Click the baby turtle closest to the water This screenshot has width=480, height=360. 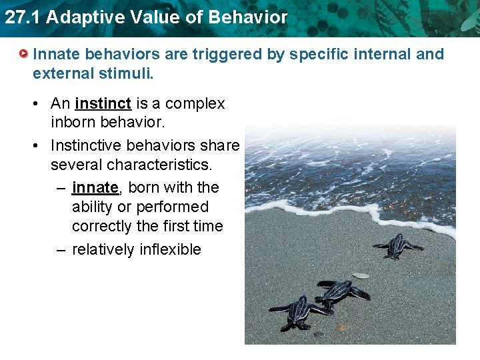tap(397, 246)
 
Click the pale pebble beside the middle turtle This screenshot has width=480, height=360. tap(361, 275)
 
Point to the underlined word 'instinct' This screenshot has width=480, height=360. tap(103, 104)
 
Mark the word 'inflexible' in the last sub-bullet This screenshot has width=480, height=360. tap(170, 249)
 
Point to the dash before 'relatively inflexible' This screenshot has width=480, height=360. tap(61, 249)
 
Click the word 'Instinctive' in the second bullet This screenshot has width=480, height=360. tap(85, 145)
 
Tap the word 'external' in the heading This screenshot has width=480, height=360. tap(61, 73)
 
